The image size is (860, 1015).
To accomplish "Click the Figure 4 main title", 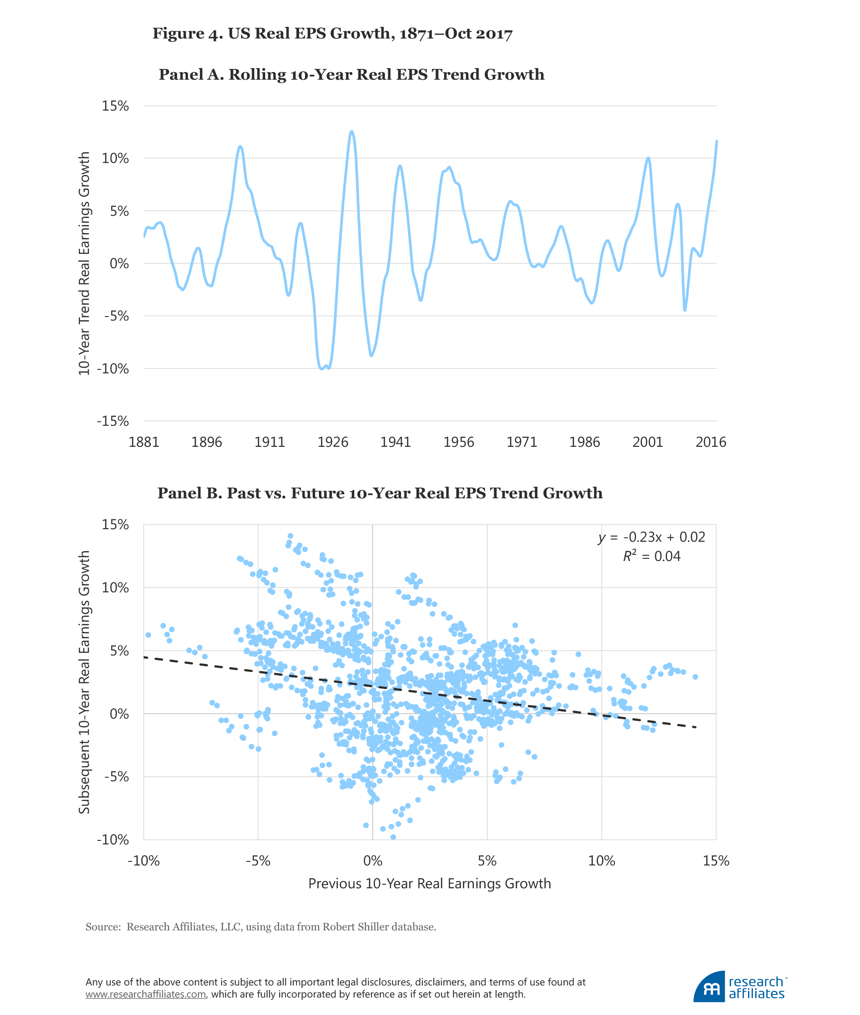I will pyautogui.click(x=332, y=34).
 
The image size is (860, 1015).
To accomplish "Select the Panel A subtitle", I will pyautogui.click(x=351, y=75).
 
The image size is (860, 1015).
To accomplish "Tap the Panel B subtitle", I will pyautogui.click(x=380, y=493).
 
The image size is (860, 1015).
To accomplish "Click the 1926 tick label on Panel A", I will pyautogui.click(x=332, y=442).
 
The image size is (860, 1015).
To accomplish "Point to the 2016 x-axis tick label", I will pyautogui.click(x=710, y=442).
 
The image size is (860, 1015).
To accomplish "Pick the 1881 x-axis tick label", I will pyautogui.click(x=144, y=442).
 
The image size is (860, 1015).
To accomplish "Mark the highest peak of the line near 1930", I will pyautogui.click(x=352, y=131).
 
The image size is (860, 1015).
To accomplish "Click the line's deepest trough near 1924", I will pyautogui.click(x=322, y=369).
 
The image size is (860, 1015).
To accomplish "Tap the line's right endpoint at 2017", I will pyautogui.click(x=717, y=141).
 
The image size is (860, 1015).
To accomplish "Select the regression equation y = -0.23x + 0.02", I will pyautogui.click(x=652, y=537).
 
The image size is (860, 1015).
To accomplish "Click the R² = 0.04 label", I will pyautogui.click(x=651, y=557).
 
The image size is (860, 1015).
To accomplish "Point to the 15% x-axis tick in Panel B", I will pyautogui.click(x=716, y=861).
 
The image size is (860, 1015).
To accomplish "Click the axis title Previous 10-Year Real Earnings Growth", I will pyautogui.click(x=430, y=883).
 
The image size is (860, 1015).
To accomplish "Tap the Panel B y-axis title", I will pyautogui.click(x=84, y=682).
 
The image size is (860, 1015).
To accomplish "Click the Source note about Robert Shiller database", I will pyautogui.click(x=260, y=927).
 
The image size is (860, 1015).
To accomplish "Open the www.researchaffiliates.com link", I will pyautogui.click(x=146, y=994).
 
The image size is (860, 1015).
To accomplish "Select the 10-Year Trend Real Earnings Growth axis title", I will pyautogui.click(x=84, y=263).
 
